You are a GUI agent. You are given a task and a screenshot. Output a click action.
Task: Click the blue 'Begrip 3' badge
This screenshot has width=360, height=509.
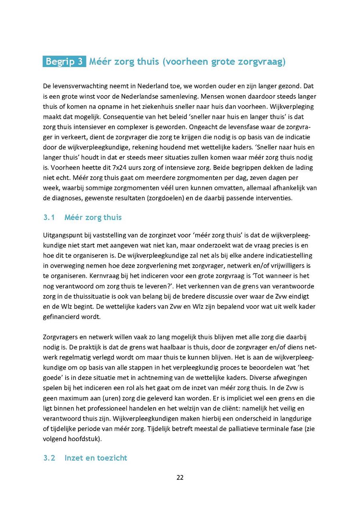[x=64, y=62]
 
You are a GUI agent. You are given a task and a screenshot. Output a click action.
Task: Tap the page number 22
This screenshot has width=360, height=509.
[x=180, y=477]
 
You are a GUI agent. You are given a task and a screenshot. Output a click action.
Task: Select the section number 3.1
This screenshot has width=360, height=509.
[x=48, y=218]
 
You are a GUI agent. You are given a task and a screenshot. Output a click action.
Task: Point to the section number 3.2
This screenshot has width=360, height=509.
[x=49, y=458]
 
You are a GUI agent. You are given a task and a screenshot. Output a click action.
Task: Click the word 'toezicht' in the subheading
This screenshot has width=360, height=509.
[x=110, y=458]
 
